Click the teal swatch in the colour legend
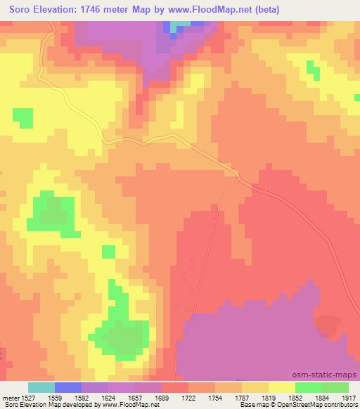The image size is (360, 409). point(41,387)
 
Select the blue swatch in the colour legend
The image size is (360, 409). point(68,387)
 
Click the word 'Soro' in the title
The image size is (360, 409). point(16,8)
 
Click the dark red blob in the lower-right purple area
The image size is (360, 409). point(326,325)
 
